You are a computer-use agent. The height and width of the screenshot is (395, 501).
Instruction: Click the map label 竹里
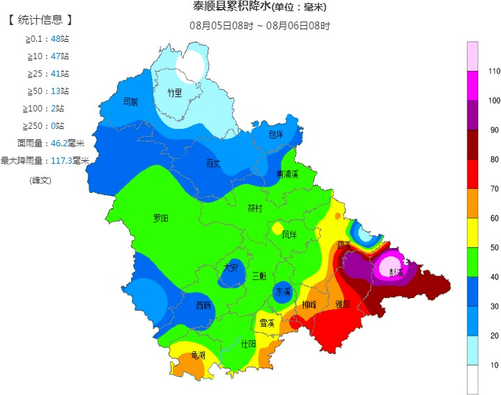point(174,93)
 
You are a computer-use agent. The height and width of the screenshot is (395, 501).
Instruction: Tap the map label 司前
point(130,102)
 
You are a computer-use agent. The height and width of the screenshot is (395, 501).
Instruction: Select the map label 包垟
point(276,134)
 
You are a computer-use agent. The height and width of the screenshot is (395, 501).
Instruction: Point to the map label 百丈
point(213,164)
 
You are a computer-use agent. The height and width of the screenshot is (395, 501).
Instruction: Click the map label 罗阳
point(161,218)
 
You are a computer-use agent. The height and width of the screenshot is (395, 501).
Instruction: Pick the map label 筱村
point(255,208)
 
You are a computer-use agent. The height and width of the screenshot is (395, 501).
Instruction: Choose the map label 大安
point(231,268)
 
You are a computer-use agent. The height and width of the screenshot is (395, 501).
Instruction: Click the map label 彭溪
point(396,272)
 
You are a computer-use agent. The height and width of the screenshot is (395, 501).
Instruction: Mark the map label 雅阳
point(343,304)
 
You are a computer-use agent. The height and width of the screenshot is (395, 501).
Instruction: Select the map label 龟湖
point(199,355)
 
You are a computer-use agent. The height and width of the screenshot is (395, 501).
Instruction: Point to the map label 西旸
point(203,305)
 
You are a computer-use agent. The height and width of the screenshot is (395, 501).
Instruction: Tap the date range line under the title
point(260,26)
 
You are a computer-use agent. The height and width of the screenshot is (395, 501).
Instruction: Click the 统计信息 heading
point(41,20)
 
